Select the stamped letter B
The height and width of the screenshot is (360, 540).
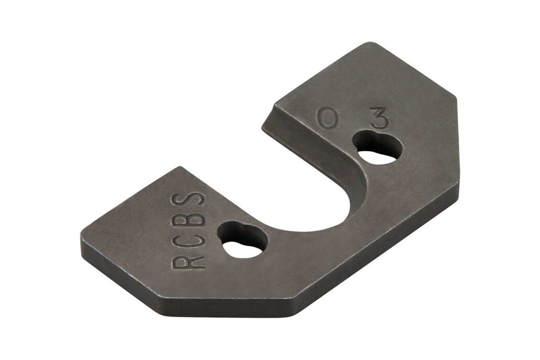(x=188, y=220)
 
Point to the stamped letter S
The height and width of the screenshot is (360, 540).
(x=188, y=200)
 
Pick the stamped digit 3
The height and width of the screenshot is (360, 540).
(x=379, y=118)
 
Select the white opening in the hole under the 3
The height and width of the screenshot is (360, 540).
(x=377, y=157)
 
